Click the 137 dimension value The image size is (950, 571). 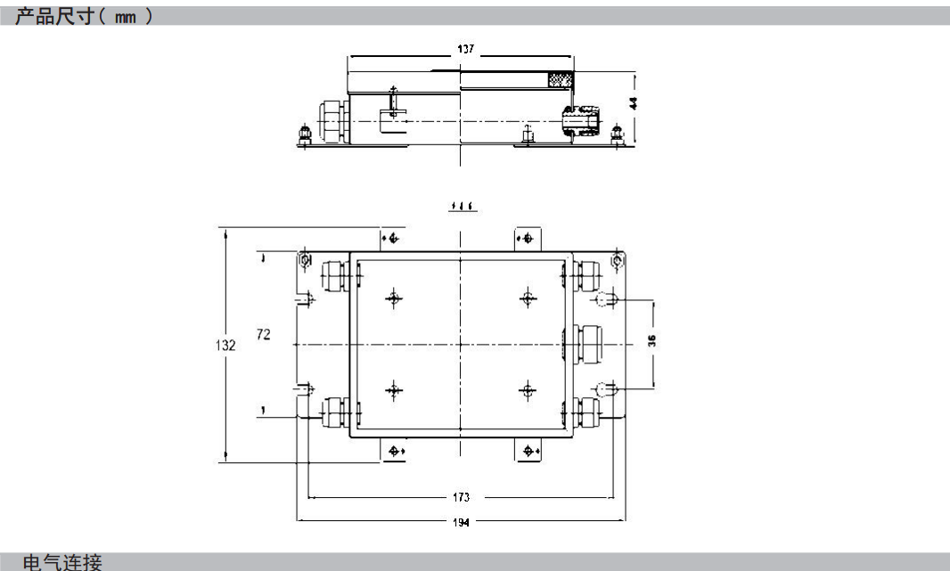[x=464, y=50]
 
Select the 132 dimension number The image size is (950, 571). [x=227, y=345]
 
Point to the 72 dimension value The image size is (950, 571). [x=264, y=334]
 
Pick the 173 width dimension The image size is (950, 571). [x=461, y=497]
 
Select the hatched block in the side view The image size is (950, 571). [x=559, y=79]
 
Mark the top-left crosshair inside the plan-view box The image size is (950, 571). [x=392, y=298]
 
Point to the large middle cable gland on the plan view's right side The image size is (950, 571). [x=589, y=342]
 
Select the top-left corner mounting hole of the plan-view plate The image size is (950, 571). [x=305, y=259]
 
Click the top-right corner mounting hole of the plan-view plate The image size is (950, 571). [x=618, y=259]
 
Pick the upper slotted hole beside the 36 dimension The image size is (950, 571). [x=608, y=299]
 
